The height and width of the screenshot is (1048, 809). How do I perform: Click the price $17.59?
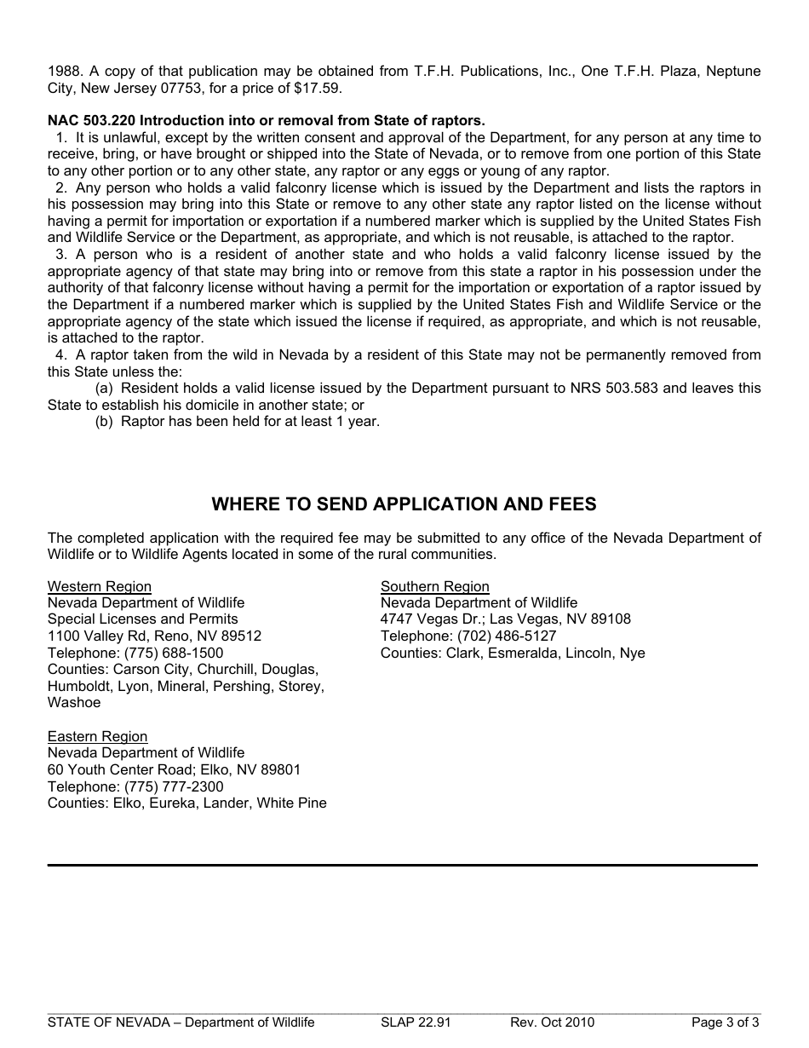coord(319,88)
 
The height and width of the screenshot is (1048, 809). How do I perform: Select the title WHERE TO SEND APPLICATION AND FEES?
coord(404,504)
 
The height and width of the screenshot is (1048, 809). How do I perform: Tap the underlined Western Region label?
coord(100,586)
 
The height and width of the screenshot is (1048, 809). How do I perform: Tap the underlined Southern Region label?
coord(434,586)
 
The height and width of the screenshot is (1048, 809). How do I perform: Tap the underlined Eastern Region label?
coord(97,736)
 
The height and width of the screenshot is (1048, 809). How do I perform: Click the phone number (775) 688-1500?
coord(174,653)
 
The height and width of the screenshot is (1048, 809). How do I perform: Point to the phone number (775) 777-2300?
coord(174,786)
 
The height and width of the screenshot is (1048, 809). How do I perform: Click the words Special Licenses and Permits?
coord(143,619)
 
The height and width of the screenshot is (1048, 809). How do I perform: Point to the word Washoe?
coord(74,703)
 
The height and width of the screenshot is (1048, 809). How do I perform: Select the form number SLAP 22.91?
coord(416,1022)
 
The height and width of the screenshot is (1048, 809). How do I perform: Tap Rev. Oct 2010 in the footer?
coord(552,1022)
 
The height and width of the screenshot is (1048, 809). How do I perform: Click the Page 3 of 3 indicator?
coord(725,1022)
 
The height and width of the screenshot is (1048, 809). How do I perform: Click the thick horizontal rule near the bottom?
coord(402,866)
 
